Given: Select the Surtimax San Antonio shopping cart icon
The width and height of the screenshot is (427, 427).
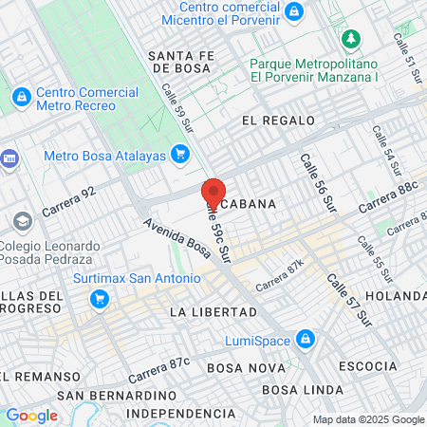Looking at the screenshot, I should pyautogui.click(x=98, y=299).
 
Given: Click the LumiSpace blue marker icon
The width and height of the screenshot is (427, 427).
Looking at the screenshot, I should pyautogui.click(x=305, y=339).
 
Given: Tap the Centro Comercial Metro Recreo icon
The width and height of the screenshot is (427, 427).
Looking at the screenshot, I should pyautogui.click(x=21, y=96).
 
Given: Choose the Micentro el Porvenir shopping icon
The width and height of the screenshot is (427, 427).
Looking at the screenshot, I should pyautogui.click(x=294, y=11).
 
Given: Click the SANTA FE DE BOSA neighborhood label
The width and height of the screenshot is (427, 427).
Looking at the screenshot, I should pyautogui.click(x=185, y=62).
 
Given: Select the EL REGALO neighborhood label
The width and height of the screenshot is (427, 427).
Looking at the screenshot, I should pyautogui.click(x=277, y=121).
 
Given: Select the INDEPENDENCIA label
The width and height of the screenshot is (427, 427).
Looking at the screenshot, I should pyautogui.click(x=180, y=414).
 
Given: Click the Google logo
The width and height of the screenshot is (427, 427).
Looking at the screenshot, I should pyautogui.click(x=31, y=415).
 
